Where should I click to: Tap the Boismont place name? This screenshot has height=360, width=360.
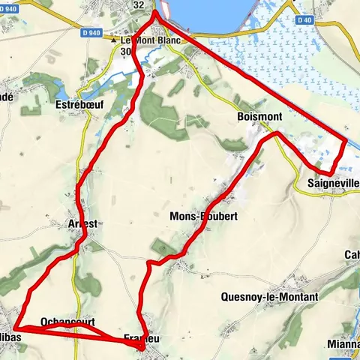tap(259, 117)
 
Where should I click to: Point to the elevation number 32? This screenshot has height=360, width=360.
tap(138, 4)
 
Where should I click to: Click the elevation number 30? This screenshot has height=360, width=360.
tap(125, 51)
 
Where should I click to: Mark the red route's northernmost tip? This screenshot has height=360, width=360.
tap(155, 12)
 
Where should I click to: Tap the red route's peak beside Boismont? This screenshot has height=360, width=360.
tap(276, 133)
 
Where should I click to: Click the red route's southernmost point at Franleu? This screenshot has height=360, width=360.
tap(142, 348)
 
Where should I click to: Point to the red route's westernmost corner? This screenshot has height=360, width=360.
tap(16, 328)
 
